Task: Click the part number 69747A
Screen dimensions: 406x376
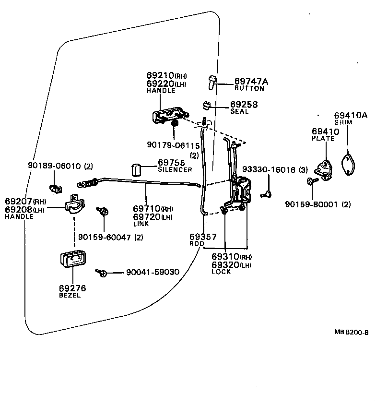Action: [x=251, y=82]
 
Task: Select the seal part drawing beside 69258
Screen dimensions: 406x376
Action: [x=207, y=105]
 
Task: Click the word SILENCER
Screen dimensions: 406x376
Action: [x=175, y=170]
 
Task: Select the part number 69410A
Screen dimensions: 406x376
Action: [x=351, y=115]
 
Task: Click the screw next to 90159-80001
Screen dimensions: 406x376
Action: [x=313, y=181]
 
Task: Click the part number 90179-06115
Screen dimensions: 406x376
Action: [x=173, y=145]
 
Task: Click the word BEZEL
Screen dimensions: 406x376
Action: [x=70, y=295]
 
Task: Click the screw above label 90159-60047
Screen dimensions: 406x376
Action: [x=103, y=212]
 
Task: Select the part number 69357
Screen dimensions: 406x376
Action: [x=203, y=237]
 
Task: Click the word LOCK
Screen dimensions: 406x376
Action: [x=221, y=272]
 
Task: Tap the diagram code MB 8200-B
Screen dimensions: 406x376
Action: [x=351, y=332]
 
